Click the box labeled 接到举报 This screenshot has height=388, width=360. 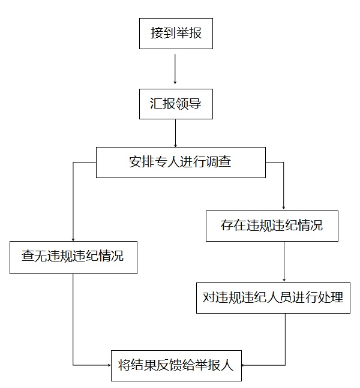[175, 34]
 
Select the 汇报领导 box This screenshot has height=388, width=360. [175, 104]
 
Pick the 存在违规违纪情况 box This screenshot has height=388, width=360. [271, 226]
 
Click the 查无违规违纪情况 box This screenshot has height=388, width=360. [73, 257]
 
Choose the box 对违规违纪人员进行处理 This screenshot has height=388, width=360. [272, 297]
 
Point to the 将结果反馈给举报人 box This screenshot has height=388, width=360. [176, 365]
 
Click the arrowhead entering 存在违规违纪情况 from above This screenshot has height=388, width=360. [284, 207]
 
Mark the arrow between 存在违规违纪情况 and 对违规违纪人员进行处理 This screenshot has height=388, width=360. [284, 261]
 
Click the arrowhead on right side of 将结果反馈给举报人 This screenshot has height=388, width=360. [244, 365]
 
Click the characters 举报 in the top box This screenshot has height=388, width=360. [188, 34]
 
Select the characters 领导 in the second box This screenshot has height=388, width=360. [188, 104]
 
